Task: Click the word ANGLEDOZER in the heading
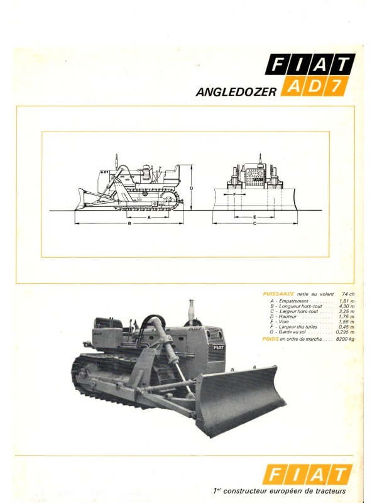[236, 92]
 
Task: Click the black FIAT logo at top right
[310, 65]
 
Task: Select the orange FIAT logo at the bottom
[307, 474]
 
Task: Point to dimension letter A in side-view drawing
[149, 217]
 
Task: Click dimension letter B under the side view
[129, 223]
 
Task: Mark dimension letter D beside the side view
[191, 188]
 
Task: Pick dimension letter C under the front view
[254, 223]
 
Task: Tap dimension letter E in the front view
[254, 217]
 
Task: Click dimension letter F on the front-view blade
[234, 194]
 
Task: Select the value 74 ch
[348, 294]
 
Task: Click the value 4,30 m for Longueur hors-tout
[347, 306]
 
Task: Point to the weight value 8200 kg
[345, 339]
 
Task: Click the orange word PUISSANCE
[278, 294]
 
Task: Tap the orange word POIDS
[271, 339]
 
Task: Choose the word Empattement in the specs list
[293, 301]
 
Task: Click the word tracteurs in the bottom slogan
[331, 491]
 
